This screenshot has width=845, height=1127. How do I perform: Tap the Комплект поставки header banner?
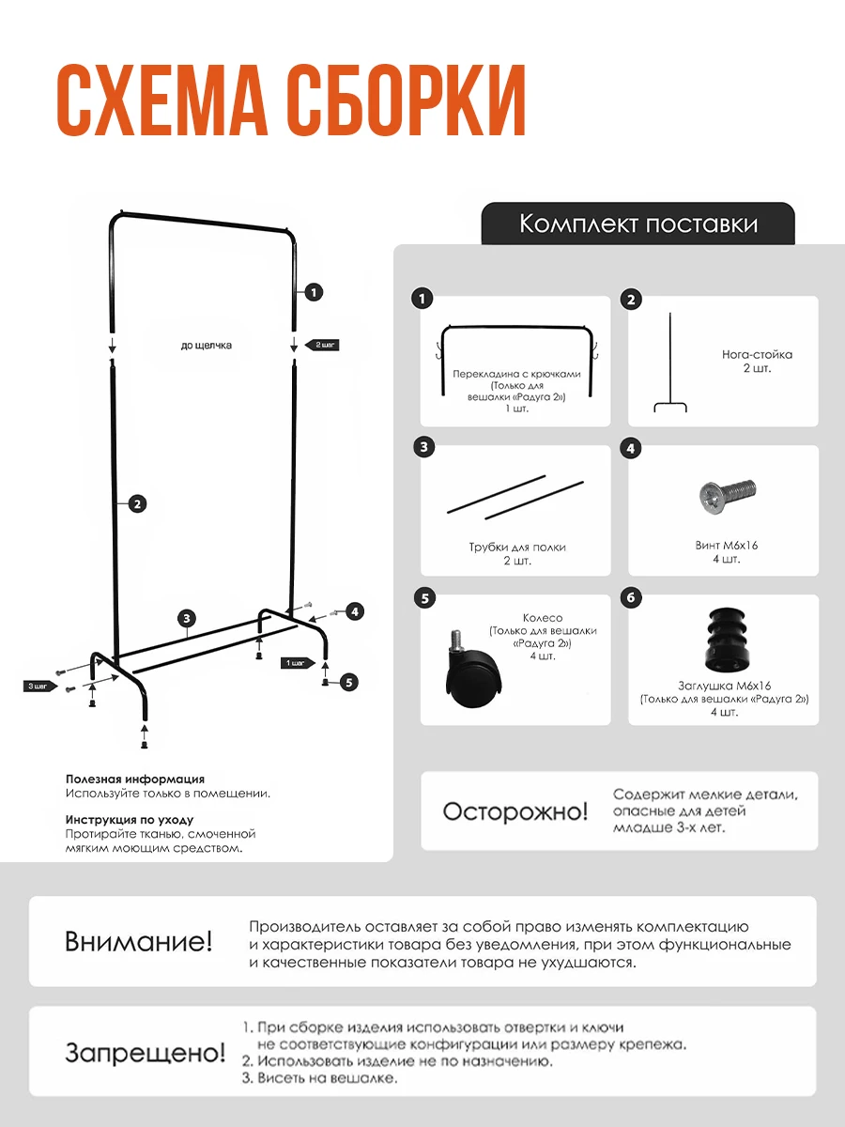pyautogui.click(x=638, y=224)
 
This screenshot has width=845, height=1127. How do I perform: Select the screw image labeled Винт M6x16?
pyautogui.click(x=728, y=492)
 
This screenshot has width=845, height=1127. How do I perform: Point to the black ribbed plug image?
pyautogui.click(x=723, y=641)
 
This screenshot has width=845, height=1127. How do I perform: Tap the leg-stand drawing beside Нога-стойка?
pyautogui.click(x=670, y=366)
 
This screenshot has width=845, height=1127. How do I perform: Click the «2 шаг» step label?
pyautogui.click(x=322, y=345)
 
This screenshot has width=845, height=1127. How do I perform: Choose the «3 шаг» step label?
pyautogui.click(x=38, y=687)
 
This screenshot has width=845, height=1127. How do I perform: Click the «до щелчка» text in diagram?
pyautogui.click(x=207, y=346)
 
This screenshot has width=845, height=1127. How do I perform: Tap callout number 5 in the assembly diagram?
pyautogui.click(x=349, y=683)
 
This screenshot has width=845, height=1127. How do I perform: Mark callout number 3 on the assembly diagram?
pyautogui.click(x=189, y=618)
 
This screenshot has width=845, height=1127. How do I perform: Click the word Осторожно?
pyautogui.click(x=515, y=811)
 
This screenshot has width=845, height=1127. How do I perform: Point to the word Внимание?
pyautogui.click(x=139, y=941)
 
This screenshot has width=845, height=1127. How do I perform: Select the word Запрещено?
pyautogui.click(x=146, y=1053)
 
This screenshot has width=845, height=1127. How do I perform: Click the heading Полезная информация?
pyautogui.click(x=135, y=780)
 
